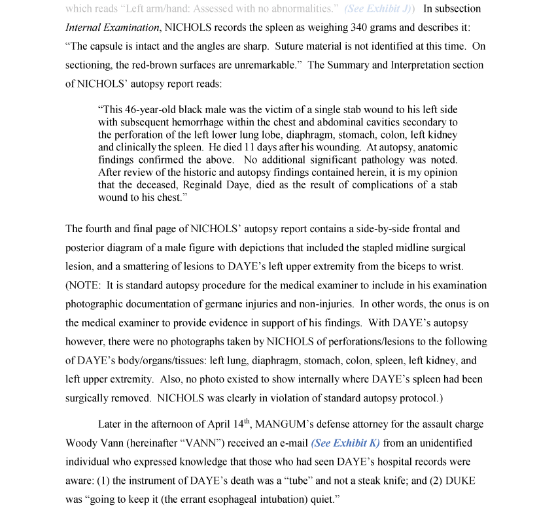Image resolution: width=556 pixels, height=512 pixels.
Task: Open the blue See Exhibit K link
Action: pyautogui.click(x=345, y=443)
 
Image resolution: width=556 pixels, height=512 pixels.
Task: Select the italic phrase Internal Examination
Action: pyautogui.click(x=112, y=27)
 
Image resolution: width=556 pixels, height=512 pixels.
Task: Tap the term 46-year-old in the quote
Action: pyautogui.click(x=150, y=109)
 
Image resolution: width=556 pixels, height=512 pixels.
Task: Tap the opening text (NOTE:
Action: pyautogui.click(x=84, y=285)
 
